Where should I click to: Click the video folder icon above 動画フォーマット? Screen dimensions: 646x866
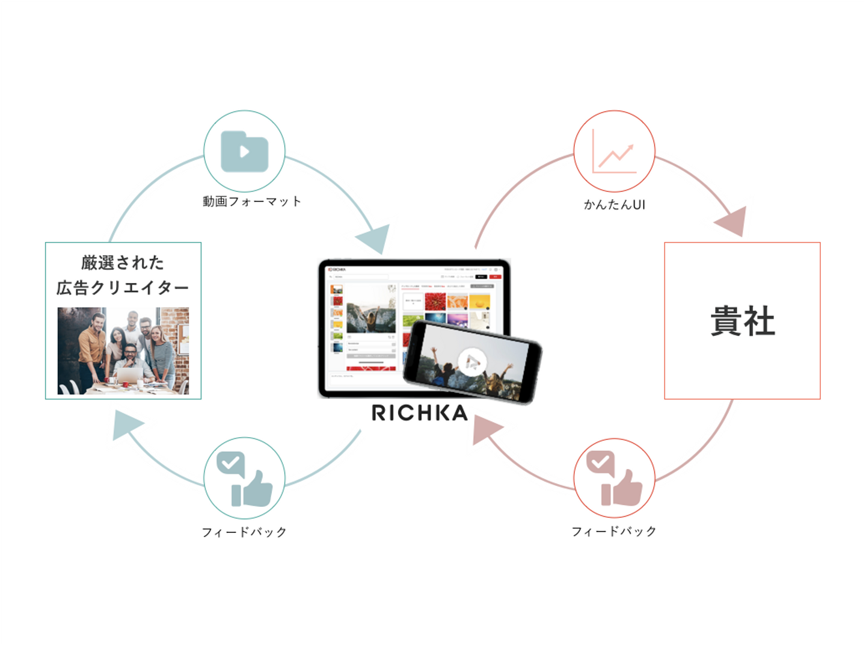244,151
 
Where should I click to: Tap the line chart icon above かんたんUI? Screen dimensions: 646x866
614,152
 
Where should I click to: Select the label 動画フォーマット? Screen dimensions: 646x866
251,202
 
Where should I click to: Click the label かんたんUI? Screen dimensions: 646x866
614,205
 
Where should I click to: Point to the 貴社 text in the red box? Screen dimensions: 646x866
742,321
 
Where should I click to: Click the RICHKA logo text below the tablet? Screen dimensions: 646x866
420,413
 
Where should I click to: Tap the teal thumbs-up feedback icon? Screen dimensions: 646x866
244,479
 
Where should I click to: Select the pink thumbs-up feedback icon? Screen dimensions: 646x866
614,479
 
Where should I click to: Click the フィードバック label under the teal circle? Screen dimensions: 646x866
244,532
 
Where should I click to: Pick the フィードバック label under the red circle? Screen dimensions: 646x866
614,532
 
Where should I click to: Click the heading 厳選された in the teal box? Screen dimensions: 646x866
123,263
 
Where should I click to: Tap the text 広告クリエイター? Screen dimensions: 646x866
123,288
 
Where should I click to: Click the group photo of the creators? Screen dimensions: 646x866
123,351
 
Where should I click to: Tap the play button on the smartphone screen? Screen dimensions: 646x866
472,362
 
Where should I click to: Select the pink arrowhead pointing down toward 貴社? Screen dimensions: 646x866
732,221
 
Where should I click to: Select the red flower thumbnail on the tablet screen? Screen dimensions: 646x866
435,301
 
